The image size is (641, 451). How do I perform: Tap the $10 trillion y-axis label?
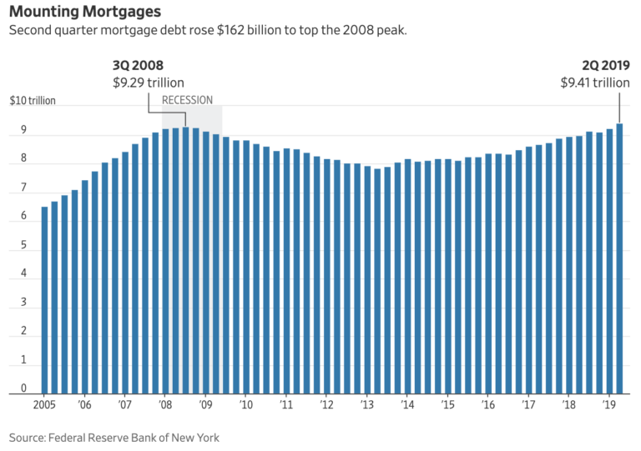(33, 101)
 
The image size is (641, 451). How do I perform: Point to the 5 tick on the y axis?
(23, 245)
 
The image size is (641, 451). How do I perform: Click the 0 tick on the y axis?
(23, 388)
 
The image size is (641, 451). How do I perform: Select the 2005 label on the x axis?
(44, 404)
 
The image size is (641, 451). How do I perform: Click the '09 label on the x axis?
(205, 404)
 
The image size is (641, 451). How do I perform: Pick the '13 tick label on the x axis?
(366, 404)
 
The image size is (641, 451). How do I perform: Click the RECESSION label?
(187, 100)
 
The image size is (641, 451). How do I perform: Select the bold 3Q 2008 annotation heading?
(139, 66)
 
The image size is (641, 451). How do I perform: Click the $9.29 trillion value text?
(149, 83)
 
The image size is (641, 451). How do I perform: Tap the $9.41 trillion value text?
(595, 83)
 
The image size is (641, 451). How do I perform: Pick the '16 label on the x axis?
(487, 404)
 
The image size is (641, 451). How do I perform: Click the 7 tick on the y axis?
(23, 188)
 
